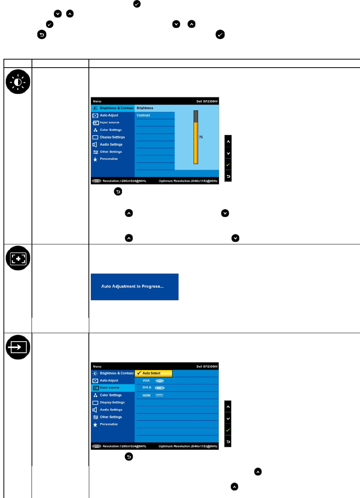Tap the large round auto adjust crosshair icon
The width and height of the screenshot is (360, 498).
(17, 258)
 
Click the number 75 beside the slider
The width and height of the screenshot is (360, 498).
(201, 137)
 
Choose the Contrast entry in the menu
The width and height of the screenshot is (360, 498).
(143, 115)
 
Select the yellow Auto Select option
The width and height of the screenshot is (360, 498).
(153, 373)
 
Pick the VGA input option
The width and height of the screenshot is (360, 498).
(146, 380)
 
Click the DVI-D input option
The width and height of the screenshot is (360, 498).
(147, 388)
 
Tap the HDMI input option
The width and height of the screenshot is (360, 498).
(147, 395)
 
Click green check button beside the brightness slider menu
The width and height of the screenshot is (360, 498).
(228, 165)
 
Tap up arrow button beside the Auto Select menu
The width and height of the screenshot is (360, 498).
(228, 407)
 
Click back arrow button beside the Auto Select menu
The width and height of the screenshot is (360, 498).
(228, 442)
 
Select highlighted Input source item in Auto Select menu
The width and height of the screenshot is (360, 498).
(110, 388)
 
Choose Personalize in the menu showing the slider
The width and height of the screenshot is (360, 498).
(109, 159)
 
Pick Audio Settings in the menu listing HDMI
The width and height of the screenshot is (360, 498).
(111, 410)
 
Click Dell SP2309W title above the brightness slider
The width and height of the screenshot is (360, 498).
(207, 101)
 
